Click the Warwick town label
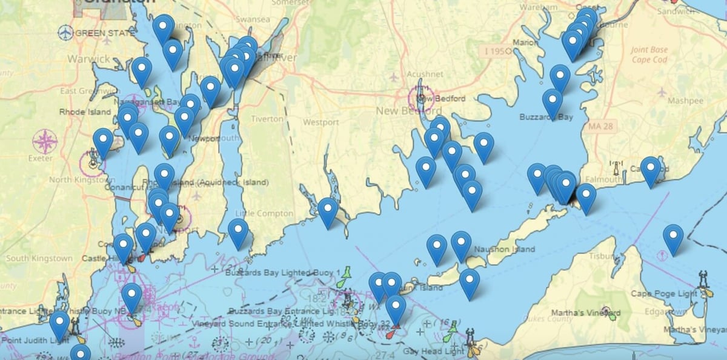tap(88, 59)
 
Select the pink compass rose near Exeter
tap(45, 142)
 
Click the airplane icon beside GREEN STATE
tap(65, 33)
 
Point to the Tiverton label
tap(267, 119)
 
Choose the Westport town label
tap(321, 122)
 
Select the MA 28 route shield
tap(602, 126)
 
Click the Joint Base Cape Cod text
tap(649, 55)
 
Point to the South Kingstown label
tap(39, 258)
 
